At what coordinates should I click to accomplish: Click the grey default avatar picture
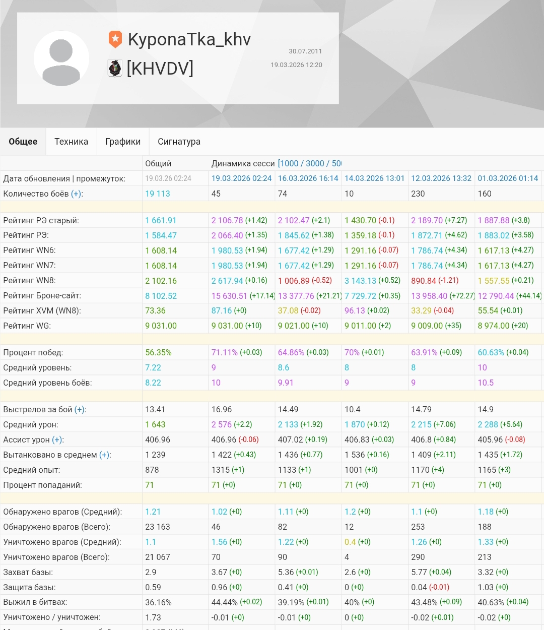(x=61, y=58)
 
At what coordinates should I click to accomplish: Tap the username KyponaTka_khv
(x=189, y=39)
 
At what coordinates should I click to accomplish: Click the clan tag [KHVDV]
(x=160, y=68)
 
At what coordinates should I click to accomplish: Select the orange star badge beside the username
(x=115, y=39)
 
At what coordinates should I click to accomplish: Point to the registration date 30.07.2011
(x=305, y=51)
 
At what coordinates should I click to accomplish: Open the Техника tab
(x=71, y=142)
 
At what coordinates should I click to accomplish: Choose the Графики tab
(x=123, y=142)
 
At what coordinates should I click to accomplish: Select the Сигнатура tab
(x=179, y=142)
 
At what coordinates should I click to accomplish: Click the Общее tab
(x=23, y=142)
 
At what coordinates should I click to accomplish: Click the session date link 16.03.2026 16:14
(x=308, y=178)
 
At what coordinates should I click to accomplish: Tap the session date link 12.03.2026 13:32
(x=441, y=178)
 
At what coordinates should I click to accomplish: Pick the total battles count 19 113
(x=158, y=194)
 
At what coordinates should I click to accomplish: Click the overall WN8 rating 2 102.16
(x=161, y=281)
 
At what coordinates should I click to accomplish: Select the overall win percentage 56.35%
(x=158, y=352)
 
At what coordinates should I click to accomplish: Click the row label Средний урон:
(x=31, y=424)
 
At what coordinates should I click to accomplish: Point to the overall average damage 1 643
(x=155, y=424)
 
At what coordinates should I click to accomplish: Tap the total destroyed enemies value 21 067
(x=158, y=557)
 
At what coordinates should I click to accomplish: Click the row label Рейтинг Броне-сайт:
(x=42, y=296)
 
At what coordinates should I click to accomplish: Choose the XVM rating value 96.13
(x=355, y=311)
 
